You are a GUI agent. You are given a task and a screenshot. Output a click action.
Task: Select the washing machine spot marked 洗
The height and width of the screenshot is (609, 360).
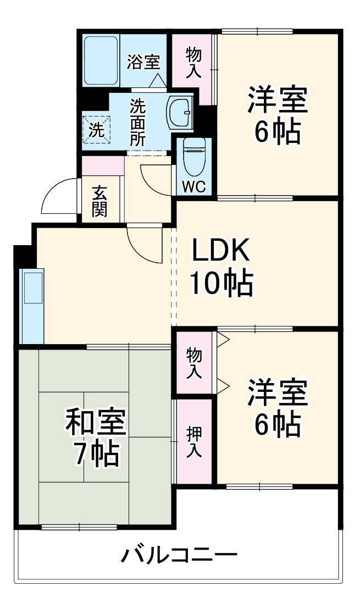pos(96,130)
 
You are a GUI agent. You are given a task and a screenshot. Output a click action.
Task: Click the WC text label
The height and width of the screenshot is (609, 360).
pos(193,187)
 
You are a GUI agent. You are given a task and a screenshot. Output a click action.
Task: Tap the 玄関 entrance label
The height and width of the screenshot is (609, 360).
pos(99,201)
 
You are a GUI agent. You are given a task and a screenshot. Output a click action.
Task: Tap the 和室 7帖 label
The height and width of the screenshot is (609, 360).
pos(96,437)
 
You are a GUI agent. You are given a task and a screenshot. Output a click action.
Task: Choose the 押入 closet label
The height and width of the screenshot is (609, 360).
pos(193,442)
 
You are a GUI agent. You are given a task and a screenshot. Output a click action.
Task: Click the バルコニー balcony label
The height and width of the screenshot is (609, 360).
pos(179,555)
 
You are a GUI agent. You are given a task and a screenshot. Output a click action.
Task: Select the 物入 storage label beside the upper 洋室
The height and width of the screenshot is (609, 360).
pos(193,62)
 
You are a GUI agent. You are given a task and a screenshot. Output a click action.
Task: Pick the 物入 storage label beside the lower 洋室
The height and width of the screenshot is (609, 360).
pos(193,362)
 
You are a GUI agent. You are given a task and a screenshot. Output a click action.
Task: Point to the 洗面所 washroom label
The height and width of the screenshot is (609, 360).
pos(137,122)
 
